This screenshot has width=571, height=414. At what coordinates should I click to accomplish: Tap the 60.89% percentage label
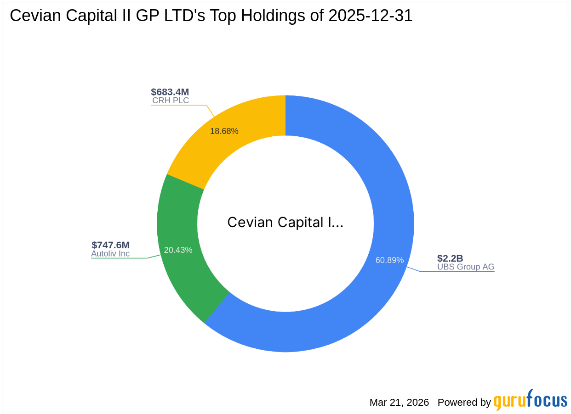[389, 260]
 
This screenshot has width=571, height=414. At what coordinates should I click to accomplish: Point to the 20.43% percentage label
[178, 250]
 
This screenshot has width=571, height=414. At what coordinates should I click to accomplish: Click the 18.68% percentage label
[224, 131]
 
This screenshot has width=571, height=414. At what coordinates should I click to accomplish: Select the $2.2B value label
[450, 258]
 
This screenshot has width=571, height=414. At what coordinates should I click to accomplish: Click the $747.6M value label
[110, 245]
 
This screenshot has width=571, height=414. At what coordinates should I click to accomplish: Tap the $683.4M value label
[170, 92]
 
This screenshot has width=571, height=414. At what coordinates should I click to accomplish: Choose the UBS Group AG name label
[466, 267]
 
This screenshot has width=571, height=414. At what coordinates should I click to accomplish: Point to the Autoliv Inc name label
[110, 254]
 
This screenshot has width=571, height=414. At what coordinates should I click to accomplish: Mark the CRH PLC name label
[171, 101]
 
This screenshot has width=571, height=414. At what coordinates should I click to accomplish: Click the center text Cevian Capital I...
[285, 223]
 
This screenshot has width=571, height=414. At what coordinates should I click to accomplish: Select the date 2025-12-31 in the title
[371, 16]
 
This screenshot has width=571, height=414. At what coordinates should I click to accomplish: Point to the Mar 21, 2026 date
[399, 403]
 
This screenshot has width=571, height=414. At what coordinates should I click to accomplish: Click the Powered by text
[464, 403]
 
